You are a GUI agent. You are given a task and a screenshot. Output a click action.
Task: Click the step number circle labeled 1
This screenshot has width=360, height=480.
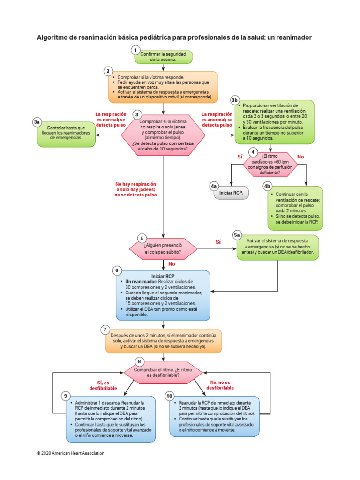(x=135, y=50)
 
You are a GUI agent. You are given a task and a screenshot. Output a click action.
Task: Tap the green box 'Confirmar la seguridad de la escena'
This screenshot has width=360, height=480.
(x=163, y=57)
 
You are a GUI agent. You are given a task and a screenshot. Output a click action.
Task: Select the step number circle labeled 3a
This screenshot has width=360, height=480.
(x=37, y=122)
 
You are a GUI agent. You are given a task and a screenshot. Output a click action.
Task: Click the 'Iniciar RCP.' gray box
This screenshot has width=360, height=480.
(x=232, y=193)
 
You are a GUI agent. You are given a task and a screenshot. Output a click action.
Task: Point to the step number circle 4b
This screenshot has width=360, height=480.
(x=268, y=186)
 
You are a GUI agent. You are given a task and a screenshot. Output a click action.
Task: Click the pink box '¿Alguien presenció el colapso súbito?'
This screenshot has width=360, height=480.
(x=163, y=248)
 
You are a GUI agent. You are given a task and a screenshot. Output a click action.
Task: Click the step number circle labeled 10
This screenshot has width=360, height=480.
(x=170, y=396)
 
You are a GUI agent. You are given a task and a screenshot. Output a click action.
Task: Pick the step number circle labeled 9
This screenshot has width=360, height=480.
(x=66, y=396)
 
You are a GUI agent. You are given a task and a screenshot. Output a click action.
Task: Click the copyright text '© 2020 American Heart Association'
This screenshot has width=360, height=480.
(x=70, y=453)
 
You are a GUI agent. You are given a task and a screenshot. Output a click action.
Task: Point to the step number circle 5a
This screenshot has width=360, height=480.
(x=237, y=234)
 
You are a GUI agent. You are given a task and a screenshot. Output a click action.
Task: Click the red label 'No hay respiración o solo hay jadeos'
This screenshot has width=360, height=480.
(x=136, y=189)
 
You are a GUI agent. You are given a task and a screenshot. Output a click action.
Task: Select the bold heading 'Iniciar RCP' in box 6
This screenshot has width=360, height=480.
(x=163, y=276)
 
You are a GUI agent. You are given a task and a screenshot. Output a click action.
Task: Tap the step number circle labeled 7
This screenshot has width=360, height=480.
(x=106, y=330)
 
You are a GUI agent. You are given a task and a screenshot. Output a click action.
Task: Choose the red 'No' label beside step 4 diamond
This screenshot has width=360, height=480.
(x=300, y=156)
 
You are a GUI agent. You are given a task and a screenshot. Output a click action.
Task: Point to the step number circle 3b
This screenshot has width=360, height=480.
(x=235, y=100)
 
